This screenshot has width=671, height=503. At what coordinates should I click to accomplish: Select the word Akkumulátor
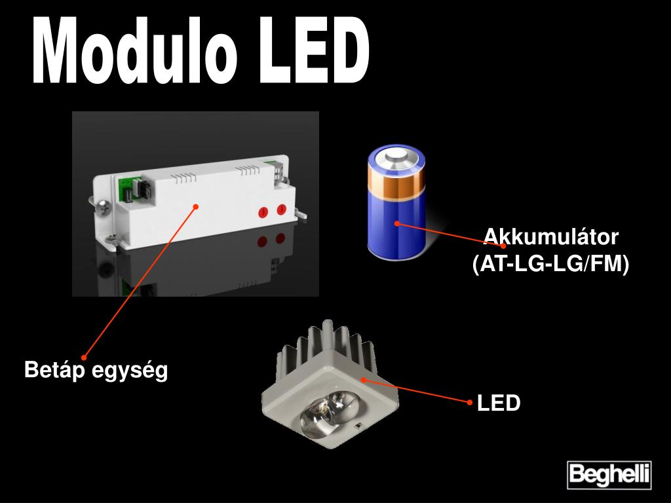pos(550,236)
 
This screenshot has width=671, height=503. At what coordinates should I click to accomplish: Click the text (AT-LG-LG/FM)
pos(550,264)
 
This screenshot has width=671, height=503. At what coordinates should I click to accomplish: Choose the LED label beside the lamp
pos(499,403)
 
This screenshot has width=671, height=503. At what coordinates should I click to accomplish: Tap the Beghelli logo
pos(609,474)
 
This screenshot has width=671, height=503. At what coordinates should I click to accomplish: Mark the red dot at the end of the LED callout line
pos(470,402)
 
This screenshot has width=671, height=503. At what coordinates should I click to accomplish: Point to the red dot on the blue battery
pos(396,223)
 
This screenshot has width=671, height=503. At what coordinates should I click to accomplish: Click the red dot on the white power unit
pos(195,206)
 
